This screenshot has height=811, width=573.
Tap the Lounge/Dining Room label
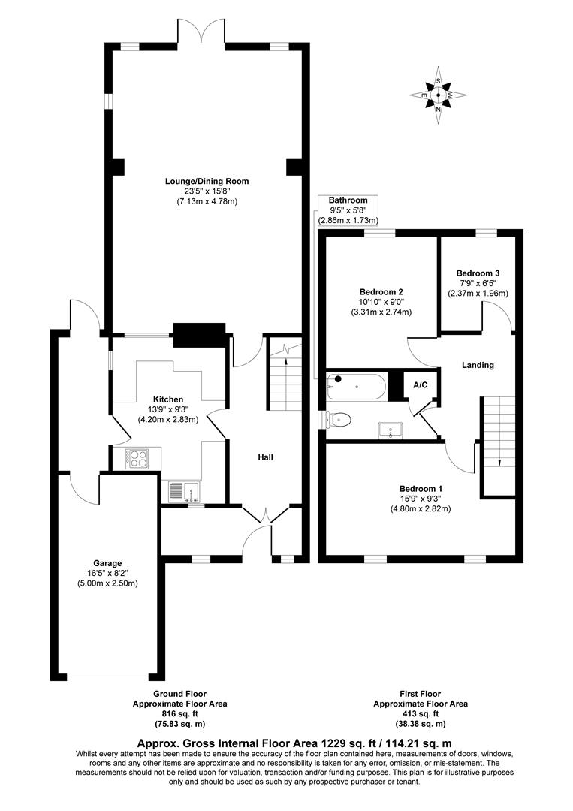coord(207,181)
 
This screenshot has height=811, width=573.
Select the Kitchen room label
coord(168,399)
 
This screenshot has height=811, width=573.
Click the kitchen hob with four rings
coord(137,457)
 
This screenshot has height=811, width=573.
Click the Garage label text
coord(107,562)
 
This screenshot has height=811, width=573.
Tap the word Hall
coord(266,457)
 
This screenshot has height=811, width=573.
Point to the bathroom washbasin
coord(391,430)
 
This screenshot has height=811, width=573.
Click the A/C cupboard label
coord(420,384)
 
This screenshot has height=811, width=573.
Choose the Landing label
coord(478,365)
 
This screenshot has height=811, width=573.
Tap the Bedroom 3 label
coord(478,273)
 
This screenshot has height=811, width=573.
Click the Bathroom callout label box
coord(348,210)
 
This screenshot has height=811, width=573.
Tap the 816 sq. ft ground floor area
coord(179,714)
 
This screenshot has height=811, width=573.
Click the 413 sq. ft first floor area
coord(420,714)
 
